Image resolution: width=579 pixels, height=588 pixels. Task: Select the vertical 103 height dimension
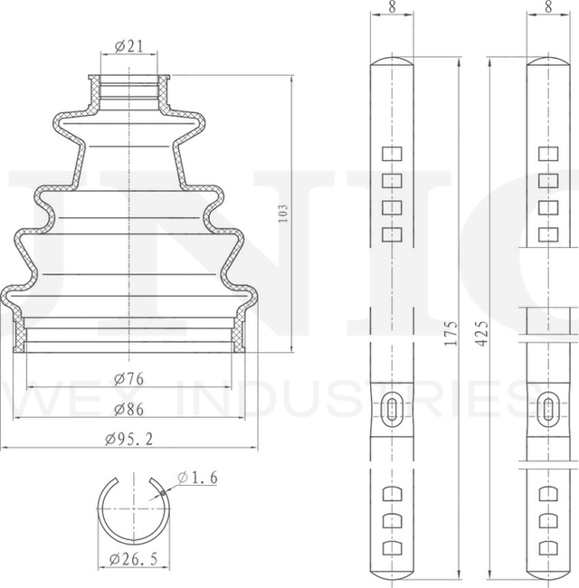(x=283, y=214)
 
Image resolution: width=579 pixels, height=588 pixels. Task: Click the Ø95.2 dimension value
(x=128, y=440)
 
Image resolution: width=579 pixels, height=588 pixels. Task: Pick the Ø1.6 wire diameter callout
(x=198, y=478)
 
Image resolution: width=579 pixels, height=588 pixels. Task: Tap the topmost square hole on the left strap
(x=392, y=153)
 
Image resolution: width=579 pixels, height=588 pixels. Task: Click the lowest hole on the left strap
(x=392, y=548)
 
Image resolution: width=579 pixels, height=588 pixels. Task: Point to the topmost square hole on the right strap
(x=548, y=153)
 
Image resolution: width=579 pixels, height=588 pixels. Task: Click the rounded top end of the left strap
(x=392, y=65)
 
